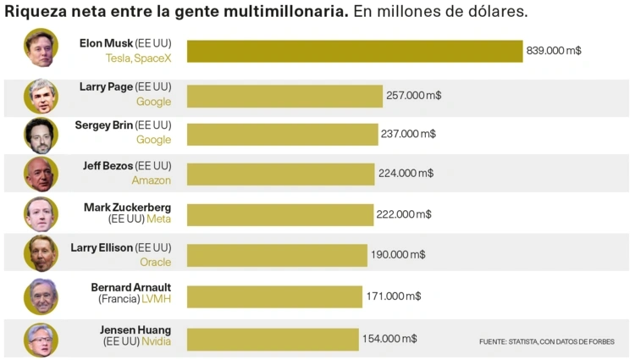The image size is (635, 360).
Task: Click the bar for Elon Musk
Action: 355,51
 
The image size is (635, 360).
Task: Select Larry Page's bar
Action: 284,96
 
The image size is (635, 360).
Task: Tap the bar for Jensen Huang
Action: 273,339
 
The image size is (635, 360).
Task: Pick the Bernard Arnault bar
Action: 274,296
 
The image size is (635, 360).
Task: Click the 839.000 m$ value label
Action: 554,51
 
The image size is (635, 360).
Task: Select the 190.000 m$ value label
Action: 398,254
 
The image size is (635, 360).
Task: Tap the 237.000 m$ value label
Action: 408,134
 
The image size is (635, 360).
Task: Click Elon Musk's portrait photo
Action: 41,49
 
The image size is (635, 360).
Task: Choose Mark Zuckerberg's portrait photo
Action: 41,214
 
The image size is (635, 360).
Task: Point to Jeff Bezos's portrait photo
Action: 41,174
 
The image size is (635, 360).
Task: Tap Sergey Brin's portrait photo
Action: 41,135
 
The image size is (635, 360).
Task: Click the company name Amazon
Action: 151,180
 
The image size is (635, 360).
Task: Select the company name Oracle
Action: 155,263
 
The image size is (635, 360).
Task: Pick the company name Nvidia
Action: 156,342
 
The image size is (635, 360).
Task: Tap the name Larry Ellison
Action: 102,248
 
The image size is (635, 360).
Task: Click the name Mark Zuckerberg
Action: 127,208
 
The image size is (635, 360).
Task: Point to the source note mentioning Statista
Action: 546,341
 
